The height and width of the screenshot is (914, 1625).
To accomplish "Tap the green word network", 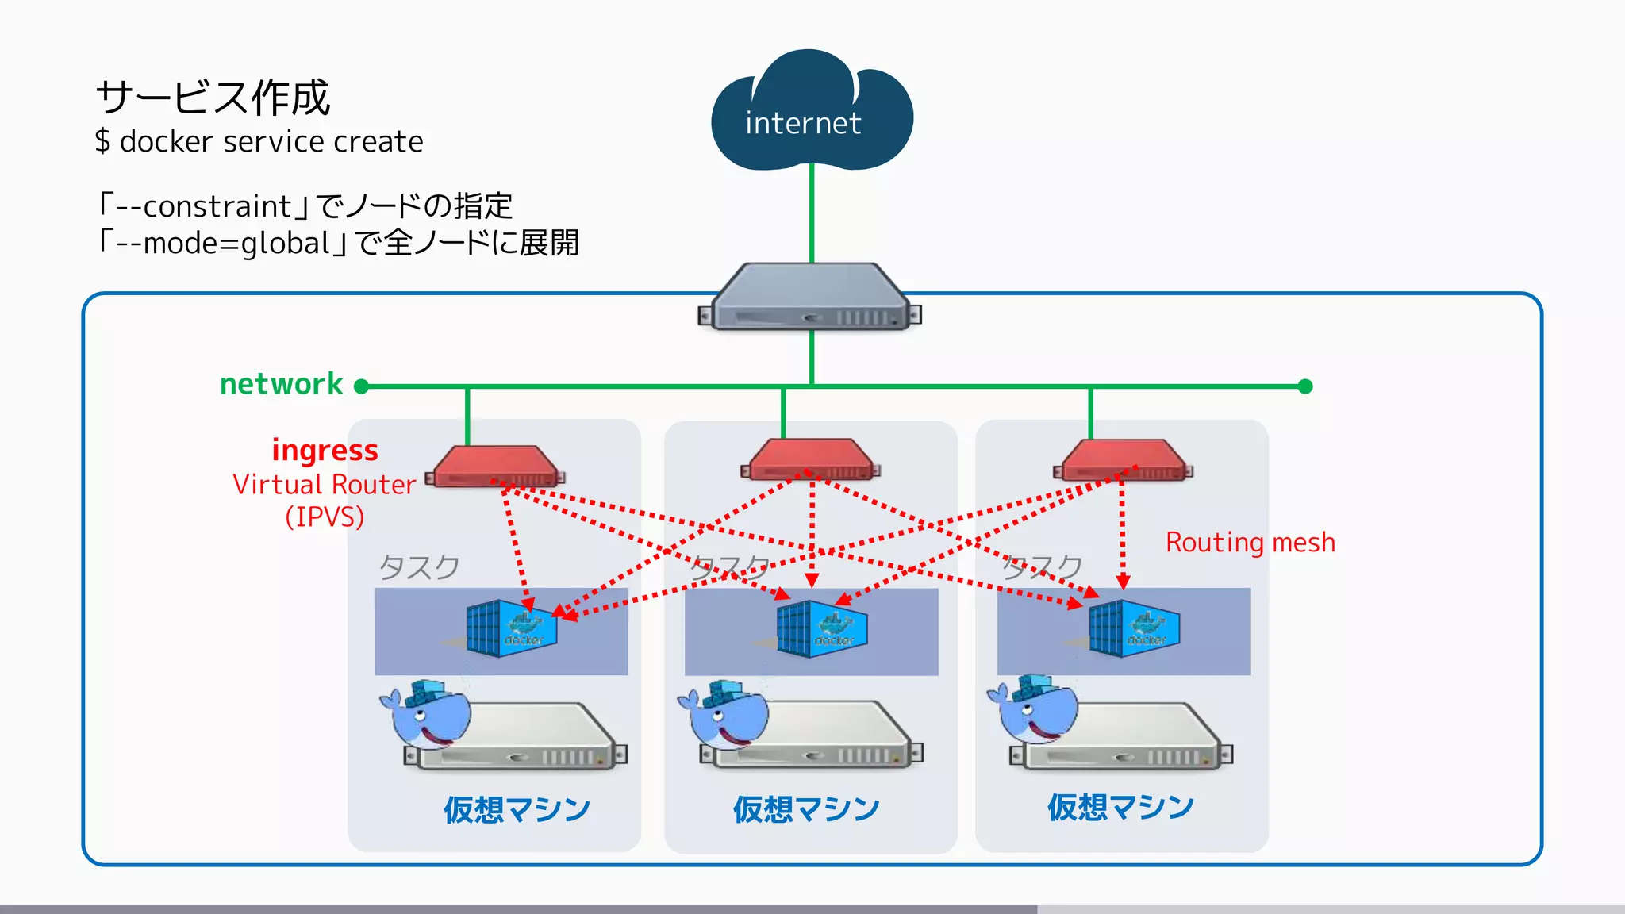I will click(281, 384).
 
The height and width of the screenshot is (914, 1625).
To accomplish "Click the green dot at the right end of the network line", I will click(1305, 386).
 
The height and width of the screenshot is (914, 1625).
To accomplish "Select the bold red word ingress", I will click(325, 450).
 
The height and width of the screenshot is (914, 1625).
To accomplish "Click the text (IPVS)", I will click(325, 517).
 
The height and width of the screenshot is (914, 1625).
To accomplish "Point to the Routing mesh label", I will click(1250, 543).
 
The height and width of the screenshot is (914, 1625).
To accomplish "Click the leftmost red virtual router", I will click(496, 467).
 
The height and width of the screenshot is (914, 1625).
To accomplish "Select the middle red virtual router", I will click(810, 461).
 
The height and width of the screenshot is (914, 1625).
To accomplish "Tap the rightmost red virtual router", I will click(1123, 461).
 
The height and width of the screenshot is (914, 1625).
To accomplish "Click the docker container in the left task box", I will click(511, 628).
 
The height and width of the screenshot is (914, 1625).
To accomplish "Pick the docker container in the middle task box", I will click(821, 628).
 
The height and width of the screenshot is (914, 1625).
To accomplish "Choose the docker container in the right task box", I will click(1134, 628).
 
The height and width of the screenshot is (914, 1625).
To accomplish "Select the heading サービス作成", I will click(213, 98).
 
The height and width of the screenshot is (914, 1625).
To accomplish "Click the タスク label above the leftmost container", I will click(418, 567).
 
